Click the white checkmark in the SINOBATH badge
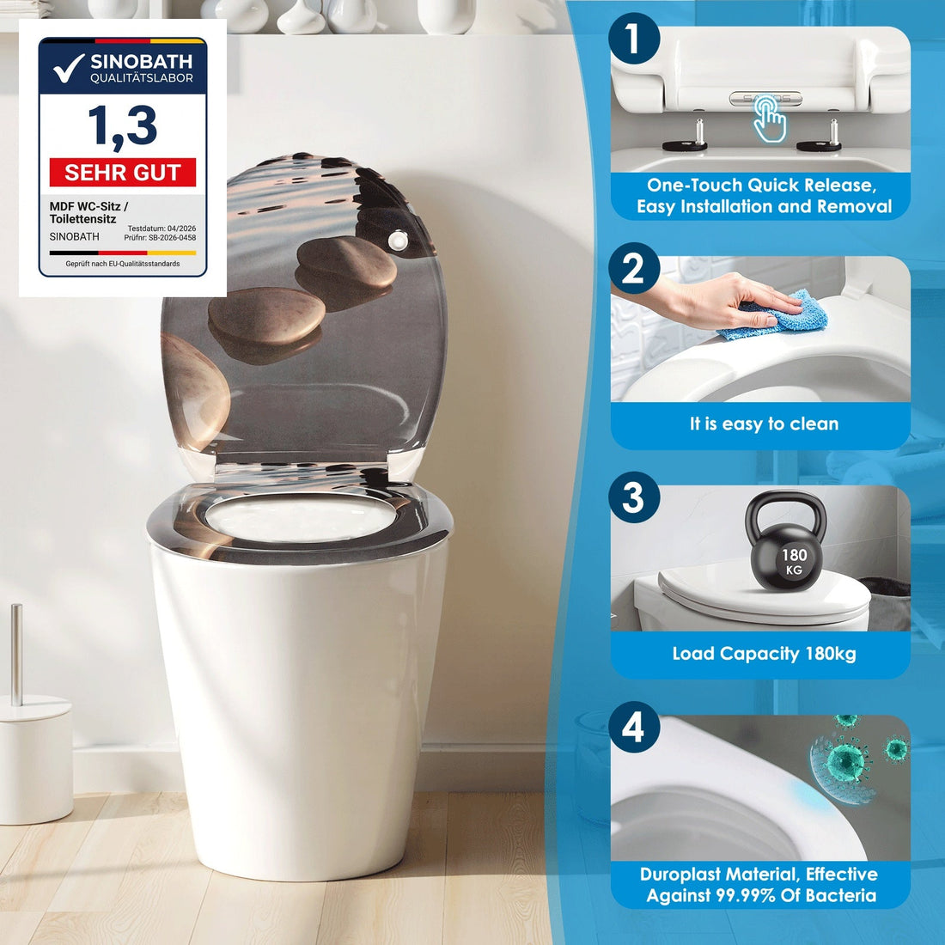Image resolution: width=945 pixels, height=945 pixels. click(68, 68)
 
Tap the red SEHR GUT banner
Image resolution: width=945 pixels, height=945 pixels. click(123, 173)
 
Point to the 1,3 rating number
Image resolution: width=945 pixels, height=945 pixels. click(123, 126)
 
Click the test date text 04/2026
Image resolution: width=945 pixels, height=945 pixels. click(181, 229)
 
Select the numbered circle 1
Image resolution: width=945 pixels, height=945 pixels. click(633, 39)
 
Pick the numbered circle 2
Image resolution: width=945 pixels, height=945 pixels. click(633, 268)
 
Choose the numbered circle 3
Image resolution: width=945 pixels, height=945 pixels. click(633, 497)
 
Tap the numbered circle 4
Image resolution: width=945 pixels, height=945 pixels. click(633, 727)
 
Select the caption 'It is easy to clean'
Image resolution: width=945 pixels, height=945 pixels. click(764, 424)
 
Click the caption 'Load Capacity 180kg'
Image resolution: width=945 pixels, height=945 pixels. click(764, 654)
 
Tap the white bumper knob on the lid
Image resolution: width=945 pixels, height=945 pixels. click(398, 240)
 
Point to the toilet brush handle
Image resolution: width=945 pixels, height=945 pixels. click(17, 655)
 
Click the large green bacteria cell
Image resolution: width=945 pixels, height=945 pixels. click(846, 762)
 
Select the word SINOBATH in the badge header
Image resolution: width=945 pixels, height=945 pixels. click(142, 62)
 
